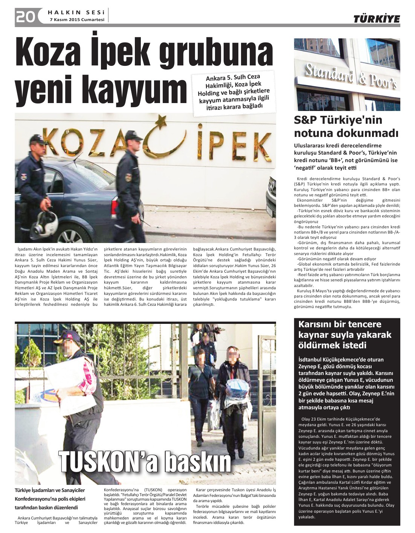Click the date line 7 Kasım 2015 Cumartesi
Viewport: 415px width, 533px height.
pyautogui.click(x=77, y=20)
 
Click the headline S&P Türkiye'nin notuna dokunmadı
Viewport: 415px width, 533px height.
pyautogui.click(x=346, y=127)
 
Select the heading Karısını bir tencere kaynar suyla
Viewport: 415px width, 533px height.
pyautogui.click(x=345, y=334)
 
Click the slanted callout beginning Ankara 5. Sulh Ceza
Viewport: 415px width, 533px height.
pyautogui.click(x=233, y=92)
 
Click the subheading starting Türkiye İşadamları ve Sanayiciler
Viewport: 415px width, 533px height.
pyautogui.click(x=50, y=499)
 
